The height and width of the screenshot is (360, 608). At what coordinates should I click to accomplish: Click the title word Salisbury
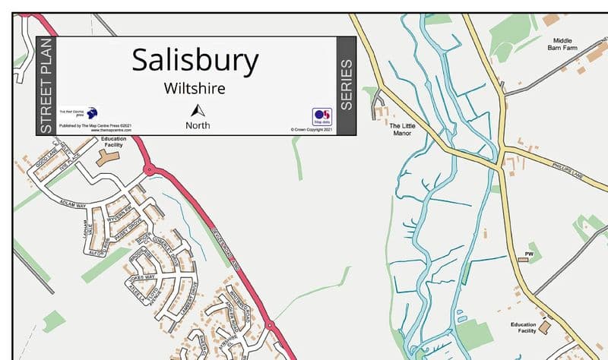(195, 60)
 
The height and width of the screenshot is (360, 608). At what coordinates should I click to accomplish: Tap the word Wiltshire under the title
(195, 88)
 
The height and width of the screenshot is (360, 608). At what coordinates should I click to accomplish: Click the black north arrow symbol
(198, 110)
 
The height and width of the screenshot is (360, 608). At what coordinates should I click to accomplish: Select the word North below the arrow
(198, 125)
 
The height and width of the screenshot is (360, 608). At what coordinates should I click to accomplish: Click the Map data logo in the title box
(322, 116)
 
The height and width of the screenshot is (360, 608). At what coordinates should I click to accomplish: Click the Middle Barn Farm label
(562, 43)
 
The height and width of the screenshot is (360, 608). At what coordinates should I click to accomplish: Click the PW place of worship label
(530, 253)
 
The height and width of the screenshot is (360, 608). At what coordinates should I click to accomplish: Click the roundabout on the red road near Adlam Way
(149, 169)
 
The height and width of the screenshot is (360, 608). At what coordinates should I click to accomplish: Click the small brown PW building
(523, 260)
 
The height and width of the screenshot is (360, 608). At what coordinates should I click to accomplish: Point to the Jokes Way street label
(142, 278)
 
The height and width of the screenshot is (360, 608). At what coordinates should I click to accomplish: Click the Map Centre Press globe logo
(92, 112)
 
